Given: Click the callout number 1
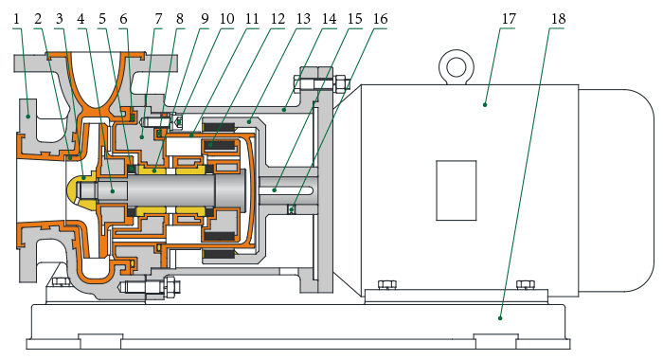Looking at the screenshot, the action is [16, 19].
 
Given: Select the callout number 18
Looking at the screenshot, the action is [558, 19].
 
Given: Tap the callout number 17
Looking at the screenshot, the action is [509, 19].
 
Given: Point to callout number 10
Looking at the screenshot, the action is [226, 19].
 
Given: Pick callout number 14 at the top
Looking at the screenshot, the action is [329, 19].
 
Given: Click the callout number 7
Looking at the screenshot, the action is [158, 19].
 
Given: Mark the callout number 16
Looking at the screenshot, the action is [380, 19].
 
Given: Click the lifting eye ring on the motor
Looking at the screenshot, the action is [457, 67].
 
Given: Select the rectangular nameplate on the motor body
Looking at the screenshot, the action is [457, 190].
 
